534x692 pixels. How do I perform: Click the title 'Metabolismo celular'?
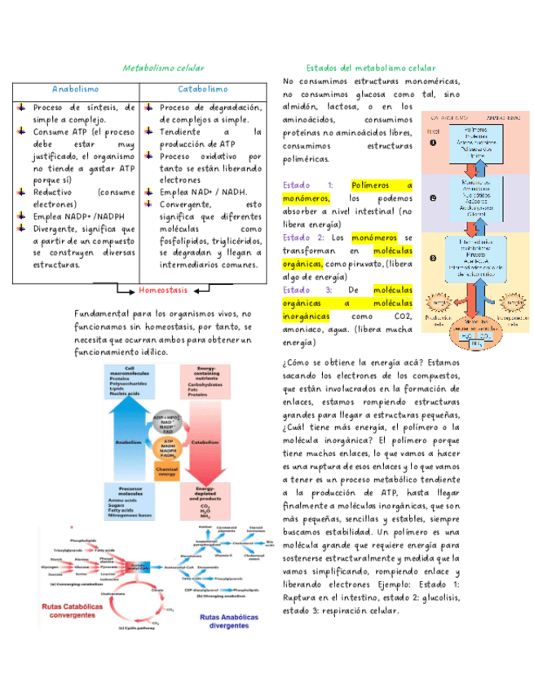click(x=163, y=68)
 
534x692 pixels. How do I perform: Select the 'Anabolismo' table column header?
click(x=76, y=89)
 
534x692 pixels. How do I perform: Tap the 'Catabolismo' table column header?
click(x=202, y=89)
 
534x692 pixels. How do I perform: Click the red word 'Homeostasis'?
click(x=163, y=290)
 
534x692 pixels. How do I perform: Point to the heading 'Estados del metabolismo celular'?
click(x=371, y=68)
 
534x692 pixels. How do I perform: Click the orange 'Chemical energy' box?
click(x=166, y=473)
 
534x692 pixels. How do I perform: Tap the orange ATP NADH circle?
click(x=166, y=450)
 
